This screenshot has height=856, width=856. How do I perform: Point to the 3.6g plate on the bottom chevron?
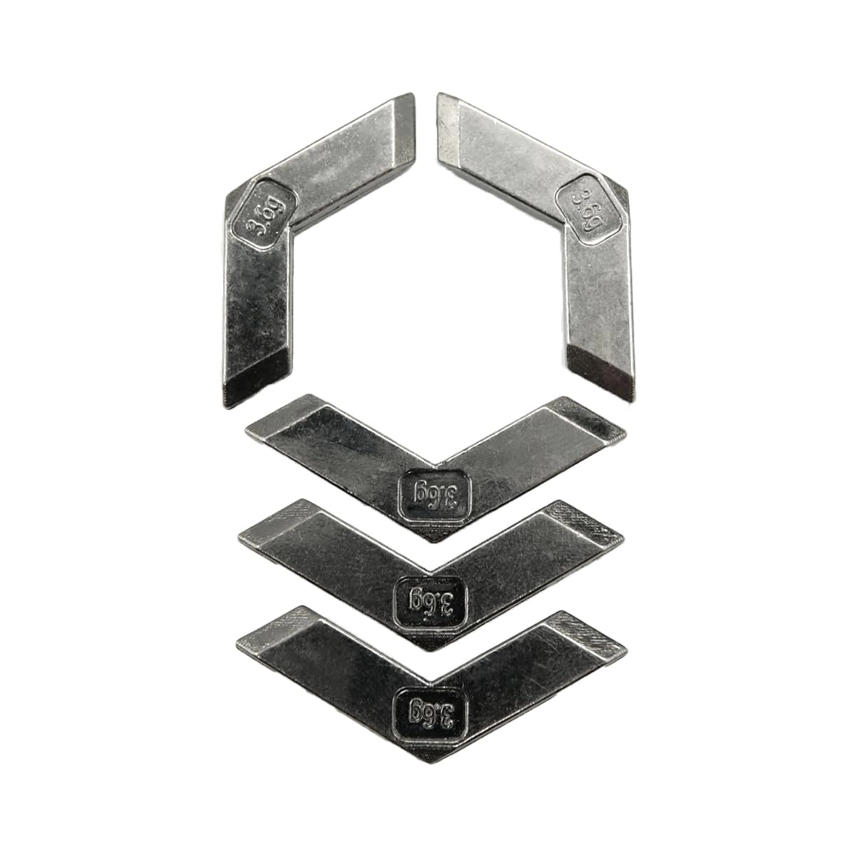pos(431,710)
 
